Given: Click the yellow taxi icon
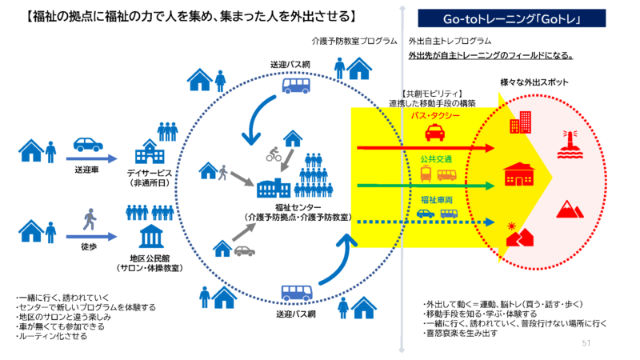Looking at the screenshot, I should point(435,132).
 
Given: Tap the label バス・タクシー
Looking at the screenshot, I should point(435,115).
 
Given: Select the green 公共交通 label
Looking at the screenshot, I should point(436,159).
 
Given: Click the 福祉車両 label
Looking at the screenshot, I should point(437,198).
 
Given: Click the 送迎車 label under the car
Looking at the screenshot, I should point(88,170).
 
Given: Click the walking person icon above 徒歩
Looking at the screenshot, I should point(89,218).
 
